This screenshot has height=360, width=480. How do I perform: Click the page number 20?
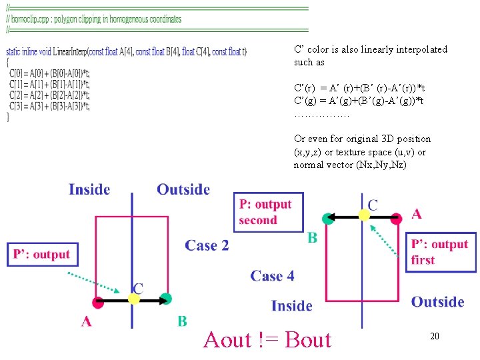[x=434, y=337]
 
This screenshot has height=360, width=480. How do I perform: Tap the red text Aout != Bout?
[x=267, y=340]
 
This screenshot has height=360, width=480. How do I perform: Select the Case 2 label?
[x=207, y=245]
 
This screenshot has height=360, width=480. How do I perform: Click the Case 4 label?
[x=272, y=275]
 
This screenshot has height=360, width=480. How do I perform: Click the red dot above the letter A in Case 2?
[x=99, y=301]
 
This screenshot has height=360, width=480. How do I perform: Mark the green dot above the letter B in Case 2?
[x=166, y=299]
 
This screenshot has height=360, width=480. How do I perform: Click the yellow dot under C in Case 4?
[x=364, y=215]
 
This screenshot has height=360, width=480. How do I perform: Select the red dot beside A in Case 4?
[x=397, y=217]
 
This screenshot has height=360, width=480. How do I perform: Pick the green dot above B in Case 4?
[x=327, y=218]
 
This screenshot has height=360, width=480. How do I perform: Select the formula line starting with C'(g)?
[x=359, y=101]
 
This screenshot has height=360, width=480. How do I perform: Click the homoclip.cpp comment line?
[x=94, y=19]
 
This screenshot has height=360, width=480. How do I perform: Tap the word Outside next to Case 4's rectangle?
[x=437, y=302]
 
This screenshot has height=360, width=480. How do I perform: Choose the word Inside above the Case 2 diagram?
[x=89, y=189]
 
